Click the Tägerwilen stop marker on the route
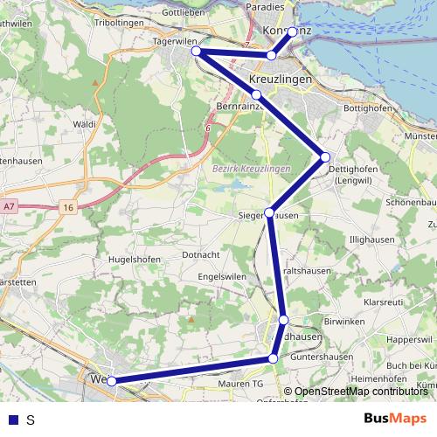197,52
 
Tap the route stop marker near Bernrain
256,94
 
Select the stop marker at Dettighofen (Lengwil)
325,157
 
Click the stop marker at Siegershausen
270,212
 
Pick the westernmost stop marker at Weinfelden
111,381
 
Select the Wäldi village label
85,125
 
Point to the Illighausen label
371,239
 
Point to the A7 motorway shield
9,206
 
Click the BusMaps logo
395,419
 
